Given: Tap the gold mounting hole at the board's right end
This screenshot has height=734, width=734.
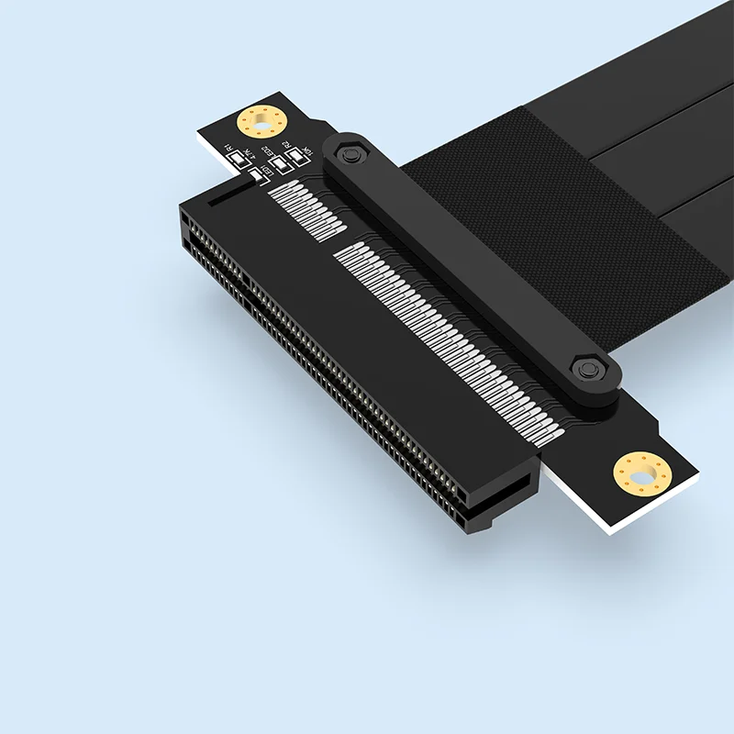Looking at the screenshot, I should click(642, 473).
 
